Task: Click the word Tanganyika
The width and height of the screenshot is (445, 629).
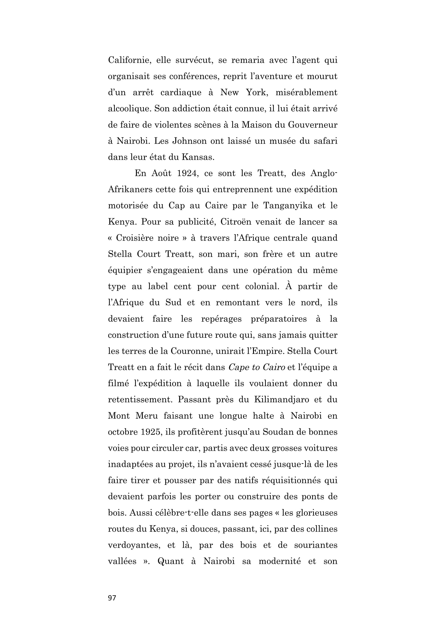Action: pos(288,206)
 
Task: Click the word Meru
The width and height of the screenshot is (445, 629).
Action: pos(147,416)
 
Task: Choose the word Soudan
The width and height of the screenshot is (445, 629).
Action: pos(277,432)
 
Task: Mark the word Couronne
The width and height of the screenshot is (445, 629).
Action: pos(192,351)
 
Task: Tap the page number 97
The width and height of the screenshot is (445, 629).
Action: pos(112,598)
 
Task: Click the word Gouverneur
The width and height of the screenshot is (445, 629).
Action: pos(312,125)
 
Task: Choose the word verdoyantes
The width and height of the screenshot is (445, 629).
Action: pos(134,545)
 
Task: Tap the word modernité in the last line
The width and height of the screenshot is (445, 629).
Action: pos(280,562)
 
